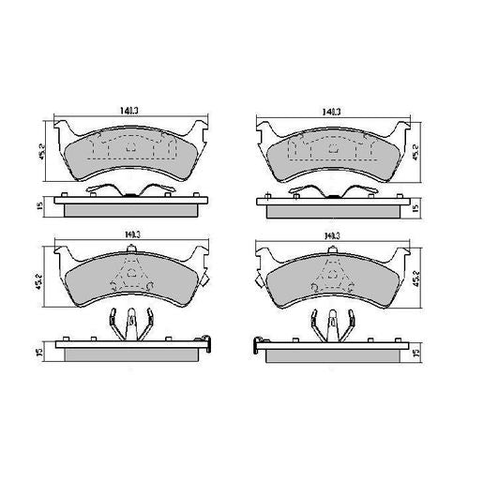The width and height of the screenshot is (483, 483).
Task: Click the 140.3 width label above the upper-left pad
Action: (128, 112)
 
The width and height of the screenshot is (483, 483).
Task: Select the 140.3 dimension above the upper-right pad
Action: (330, 112)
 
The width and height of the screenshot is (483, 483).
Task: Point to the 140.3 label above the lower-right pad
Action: (330, 237)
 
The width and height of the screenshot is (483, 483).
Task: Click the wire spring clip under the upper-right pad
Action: (329, 190)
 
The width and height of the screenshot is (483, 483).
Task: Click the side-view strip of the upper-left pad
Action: (129, 205)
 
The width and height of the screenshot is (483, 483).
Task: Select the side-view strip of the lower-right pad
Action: (329, 351)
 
